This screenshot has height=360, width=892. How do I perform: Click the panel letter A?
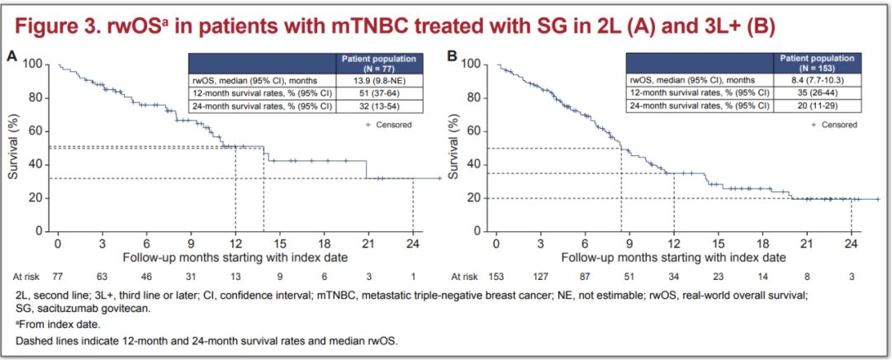coord(12,57)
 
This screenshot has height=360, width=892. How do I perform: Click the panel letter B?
coord(451,57)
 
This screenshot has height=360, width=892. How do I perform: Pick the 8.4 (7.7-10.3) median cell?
coord(818,80)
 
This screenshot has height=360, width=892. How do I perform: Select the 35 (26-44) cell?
coord(818,92)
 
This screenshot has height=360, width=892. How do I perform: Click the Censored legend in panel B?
coord(833,125)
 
